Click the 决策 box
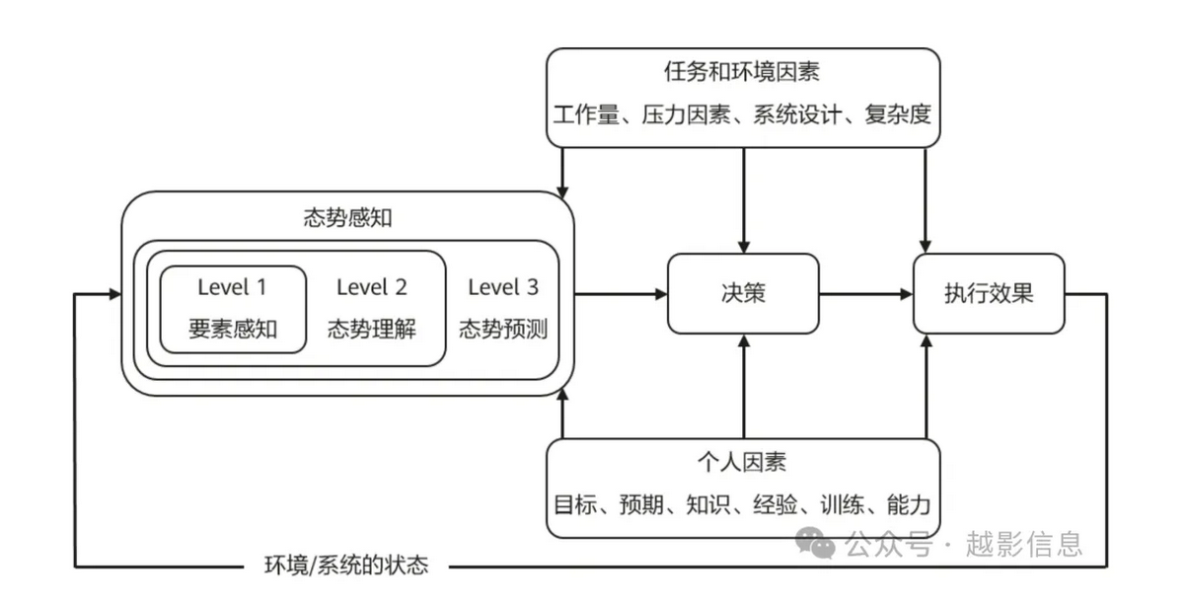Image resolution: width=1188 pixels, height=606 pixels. click(743, 293)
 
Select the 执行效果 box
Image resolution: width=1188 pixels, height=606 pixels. click(989, 293)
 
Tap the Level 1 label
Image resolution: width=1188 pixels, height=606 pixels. click(232, 287)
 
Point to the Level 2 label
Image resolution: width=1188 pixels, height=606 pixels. click(371, 287)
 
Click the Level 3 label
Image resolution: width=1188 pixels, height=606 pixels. click(503, 287)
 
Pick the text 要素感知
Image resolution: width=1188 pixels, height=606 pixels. click(232, 330)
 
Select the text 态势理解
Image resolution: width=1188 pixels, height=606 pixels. click(371, 330)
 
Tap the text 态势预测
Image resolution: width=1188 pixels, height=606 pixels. click(503, 330)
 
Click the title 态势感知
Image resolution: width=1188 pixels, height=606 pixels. click(347, 218)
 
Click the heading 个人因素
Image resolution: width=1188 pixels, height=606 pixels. click(742, 462)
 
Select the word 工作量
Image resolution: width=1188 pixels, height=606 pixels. click(583, 114)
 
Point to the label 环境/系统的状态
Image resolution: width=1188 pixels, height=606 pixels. click(346, 567)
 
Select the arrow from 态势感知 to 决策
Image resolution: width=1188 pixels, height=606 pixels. click(621, 293)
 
